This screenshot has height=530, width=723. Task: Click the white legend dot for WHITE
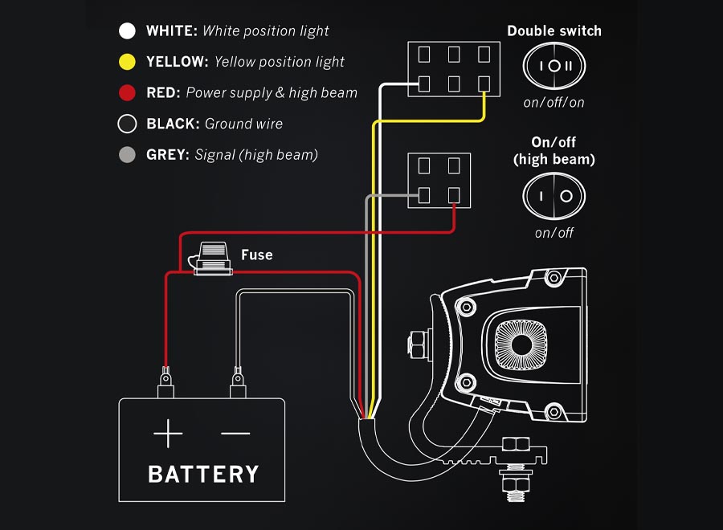tap(127, 31)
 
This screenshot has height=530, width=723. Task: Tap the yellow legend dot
tap(127, 62)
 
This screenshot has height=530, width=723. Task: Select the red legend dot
tap(127, 93)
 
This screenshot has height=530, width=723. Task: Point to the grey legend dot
tap(127, 155)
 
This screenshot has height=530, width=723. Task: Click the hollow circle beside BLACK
tap(127, 124)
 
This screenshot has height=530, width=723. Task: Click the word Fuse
tap(257, 255)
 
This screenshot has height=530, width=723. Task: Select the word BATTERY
tap(203, 474)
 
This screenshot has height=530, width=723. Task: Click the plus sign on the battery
tap(168, 434)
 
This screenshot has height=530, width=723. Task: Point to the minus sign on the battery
tap(235, 434)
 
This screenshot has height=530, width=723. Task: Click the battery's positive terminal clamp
tap(165, 382)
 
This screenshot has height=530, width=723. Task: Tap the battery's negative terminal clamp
tap(238, 382)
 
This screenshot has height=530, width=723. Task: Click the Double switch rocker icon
tap(554, 65)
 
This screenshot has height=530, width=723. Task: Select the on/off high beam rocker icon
tap(554, 196)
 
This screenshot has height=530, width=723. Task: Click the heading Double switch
tap(554, 31)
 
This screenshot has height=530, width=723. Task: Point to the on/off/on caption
tap(554, 102)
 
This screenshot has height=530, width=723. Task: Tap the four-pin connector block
tap(439, 181)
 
